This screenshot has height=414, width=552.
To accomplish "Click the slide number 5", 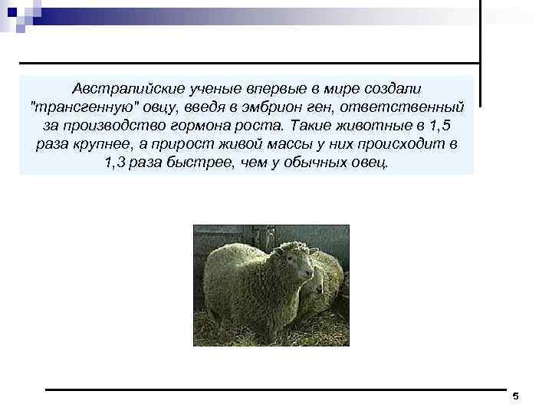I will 515,396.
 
